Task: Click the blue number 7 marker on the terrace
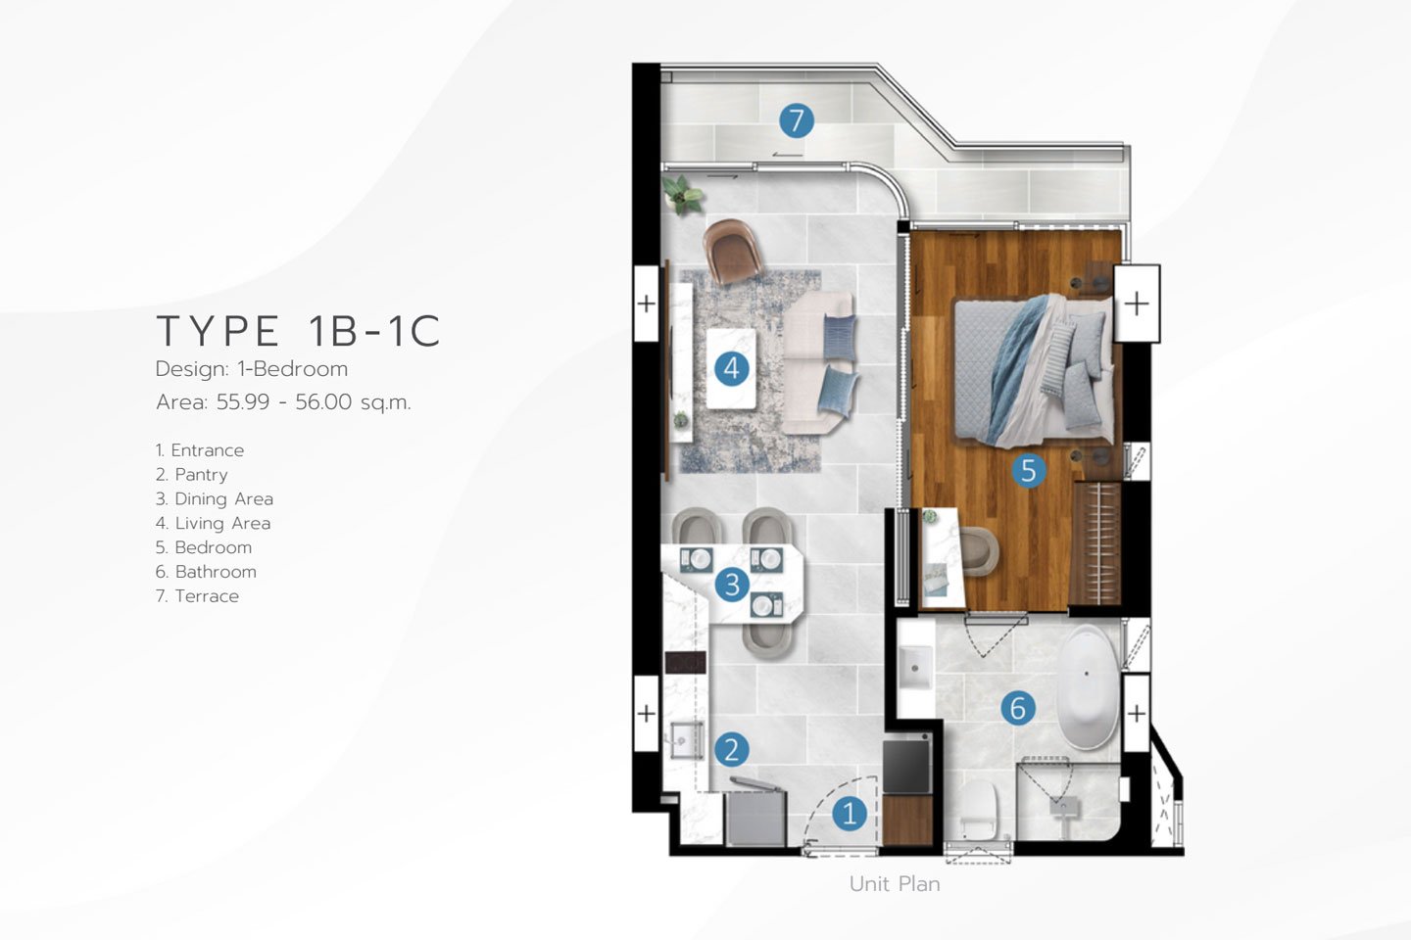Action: coord(797,120)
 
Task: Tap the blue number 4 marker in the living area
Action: coord(731,368)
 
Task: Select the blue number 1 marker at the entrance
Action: coord(850,813)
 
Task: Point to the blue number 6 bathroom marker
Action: coord(1018,708)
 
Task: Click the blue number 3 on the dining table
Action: coord(732,585)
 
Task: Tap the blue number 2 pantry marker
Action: coord(731,750)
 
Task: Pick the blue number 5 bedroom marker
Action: coord(1028,470)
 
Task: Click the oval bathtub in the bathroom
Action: coord(1087,687)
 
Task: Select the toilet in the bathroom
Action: coord(979,810)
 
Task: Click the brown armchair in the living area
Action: coord(732,252)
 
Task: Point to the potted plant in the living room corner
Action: coord(682,195)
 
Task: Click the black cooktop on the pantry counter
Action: coord(685,663)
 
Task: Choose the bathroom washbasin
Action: coord(915,668)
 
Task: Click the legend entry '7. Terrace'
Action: coord(197,596)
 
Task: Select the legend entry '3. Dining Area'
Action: coord(215,498)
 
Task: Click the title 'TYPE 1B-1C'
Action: coord(298,331)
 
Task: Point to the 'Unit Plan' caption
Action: coord(895,884)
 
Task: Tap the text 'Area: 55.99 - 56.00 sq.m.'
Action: coord(283,401)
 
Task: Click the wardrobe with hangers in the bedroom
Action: coord(1096,543)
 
